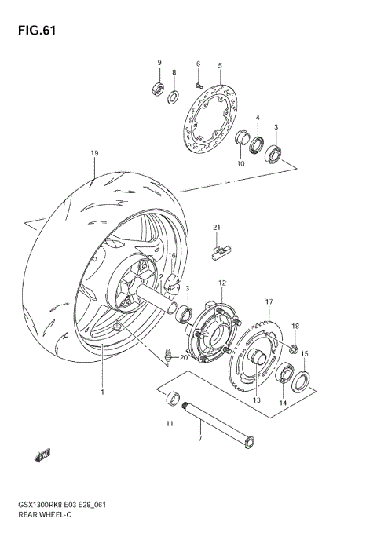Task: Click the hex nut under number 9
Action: pos(157,89)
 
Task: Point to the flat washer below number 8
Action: pos(174,98)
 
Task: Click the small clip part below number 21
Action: pos(220,251)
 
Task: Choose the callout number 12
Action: pos(222,283)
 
